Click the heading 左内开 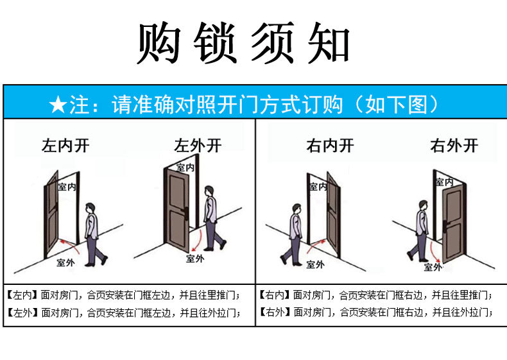pos(65,146)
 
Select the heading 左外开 pos(198,146)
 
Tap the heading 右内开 pos(330,146)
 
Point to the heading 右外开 pos(454,146)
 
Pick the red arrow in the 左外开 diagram pos(198,240)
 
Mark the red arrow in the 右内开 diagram pos(314,245)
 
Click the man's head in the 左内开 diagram pos(90,209)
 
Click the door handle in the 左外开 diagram pos(185,212)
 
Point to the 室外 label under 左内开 pos(65,262)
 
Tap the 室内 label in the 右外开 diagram pos(443,182)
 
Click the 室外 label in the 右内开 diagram pos(315,264)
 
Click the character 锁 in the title pos(214,43)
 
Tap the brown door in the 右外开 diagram pos(454,223)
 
